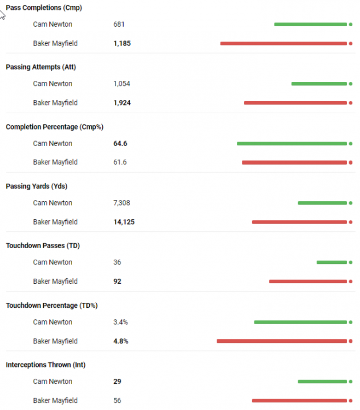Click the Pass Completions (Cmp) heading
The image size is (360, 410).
coord(44,8)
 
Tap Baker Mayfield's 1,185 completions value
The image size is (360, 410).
coord(122,43)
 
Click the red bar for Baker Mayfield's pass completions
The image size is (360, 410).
coord(283,43)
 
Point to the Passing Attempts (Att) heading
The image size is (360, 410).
coord(40,67)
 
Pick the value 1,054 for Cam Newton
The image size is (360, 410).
coord(122,84)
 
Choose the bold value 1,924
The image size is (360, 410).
coord(122,103)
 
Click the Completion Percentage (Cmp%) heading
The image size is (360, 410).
coord(54,127)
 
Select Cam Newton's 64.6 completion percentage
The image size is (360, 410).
coord(120,143)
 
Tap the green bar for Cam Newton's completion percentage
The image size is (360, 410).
coord(292,143)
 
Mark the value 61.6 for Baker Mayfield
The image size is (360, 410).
coord(120,162)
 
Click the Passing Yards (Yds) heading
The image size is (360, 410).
coord(36,186)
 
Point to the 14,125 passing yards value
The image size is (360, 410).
coord(124,222)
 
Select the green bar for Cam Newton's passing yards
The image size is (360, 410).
coord(322,203)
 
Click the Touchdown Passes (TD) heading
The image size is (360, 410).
coord(43,246)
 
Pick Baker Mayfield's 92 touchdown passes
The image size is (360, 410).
coord(117,282)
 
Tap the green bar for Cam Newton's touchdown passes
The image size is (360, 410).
coord(332,262)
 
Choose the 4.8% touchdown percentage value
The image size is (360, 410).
coord(120,341)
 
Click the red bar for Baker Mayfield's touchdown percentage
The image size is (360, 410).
coord(282,341)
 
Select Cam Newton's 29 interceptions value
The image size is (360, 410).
coord(117,382)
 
